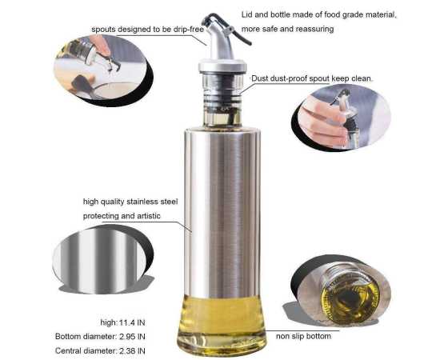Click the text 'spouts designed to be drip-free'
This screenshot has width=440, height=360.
click(148, 30)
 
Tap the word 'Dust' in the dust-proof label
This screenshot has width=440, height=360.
click(259, 78)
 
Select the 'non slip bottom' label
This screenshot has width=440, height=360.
click(303, 336)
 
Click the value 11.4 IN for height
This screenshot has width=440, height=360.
click(132, 322)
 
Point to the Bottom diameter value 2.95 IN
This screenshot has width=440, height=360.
click(132, 337)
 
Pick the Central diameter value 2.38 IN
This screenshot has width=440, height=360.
click(132, 350)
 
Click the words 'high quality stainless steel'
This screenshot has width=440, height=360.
click(130, 202)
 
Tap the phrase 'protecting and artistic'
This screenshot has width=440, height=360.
click(122, 216)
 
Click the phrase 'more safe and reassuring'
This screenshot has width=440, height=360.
click(288, 29)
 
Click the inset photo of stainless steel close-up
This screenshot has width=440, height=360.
click(102, 259)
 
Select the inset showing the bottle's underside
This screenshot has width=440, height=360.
click(341, 292)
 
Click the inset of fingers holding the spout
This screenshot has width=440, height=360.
click(341, 118)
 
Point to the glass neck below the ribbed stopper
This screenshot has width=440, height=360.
click(222, 117)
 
